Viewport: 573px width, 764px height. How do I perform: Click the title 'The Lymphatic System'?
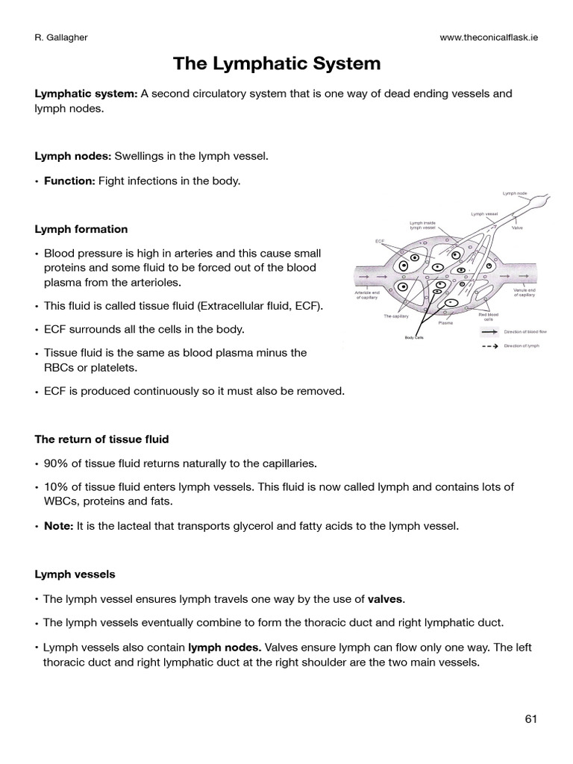[277, 64]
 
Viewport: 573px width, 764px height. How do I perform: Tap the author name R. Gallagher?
[63, 38]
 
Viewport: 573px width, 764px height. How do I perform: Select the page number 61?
[530, 719]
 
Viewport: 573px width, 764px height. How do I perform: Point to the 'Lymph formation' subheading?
[81, 229]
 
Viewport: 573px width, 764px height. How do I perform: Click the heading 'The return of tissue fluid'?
[107, 439]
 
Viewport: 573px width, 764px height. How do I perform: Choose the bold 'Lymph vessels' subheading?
[75, 574]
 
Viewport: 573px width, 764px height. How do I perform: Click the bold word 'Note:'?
[57, 526]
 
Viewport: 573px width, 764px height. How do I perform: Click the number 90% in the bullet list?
[55, 463]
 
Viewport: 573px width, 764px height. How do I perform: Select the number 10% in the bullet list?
[55, 487]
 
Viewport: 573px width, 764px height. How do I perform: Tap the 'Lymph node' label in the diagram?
[514, 193]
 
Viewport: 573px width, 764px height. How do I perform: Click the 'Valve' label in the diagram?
[517, 228]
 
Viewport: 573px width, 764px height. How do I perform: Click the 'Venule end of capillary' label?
[525, 293]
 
